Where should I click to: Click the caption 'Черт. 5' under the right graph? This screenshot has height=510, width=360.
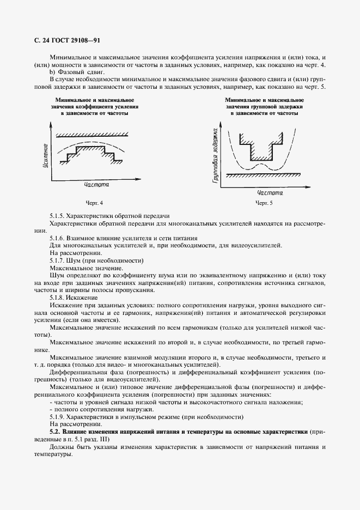(264, 203)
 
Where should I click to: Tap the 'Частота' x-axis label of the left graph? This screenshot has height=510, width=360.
(96, 185)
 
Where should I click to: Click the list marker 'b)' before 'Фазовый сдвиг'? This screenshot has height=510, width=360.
(52, 72)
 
